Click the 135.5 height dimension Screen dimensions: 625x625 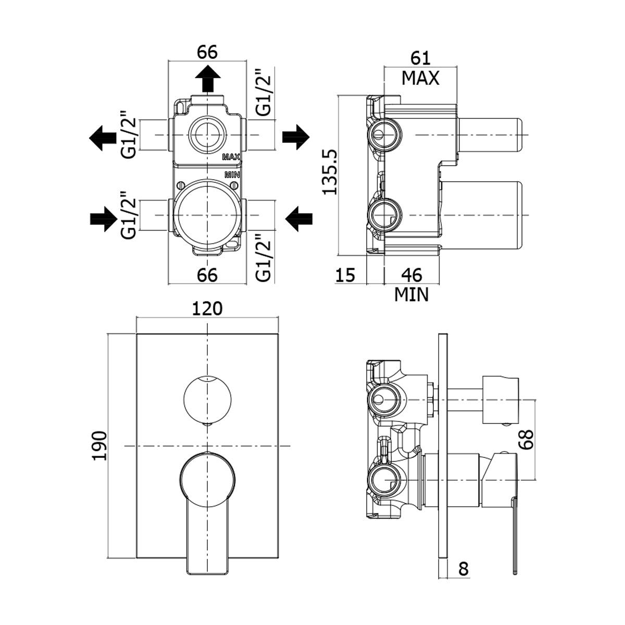click(331, 172)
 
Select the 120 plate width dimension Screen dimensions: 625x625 click(207, 309)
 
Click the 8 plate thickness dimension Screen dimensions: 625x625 click(464, 568)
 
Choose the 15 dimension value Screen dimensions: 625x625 click(345, 274)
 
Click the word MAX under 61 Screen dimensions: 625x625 click(420, 78)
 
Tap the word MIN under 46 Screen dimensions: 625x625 click(411, 295)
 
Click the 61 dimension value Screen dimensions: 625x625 click(420, 58)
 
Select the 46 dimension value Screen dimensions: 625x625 click(411, 274)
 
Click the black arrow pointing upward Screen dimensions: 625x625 click(207, 79)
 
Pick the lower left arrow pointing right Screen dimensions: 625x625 click(103, 217)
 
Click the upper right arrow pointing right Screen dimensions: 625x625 click(296, 136)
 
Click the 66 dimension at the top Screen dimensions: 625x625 click(207, 52)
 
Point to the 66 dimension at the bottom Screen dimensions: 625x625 click(207, 274)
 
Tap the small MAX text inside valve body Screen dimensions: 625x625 click(231, 157)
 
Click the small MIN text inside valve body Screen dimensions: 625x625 click(232, 174)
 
